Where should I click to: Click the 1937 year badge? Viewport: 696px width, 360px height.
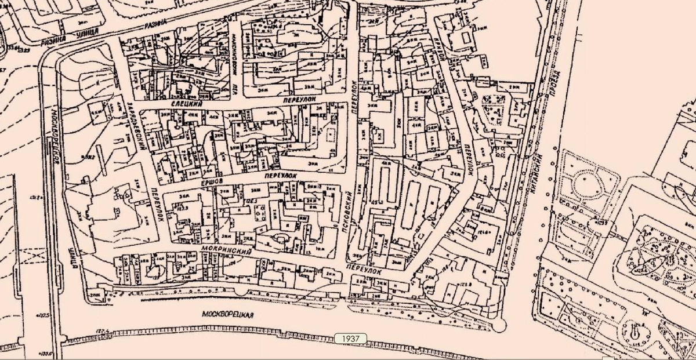click(x=350, y=337)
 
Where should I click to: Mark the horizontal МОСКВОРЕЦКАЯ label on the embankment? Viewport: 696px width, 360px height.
click(x=229, y=314)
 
